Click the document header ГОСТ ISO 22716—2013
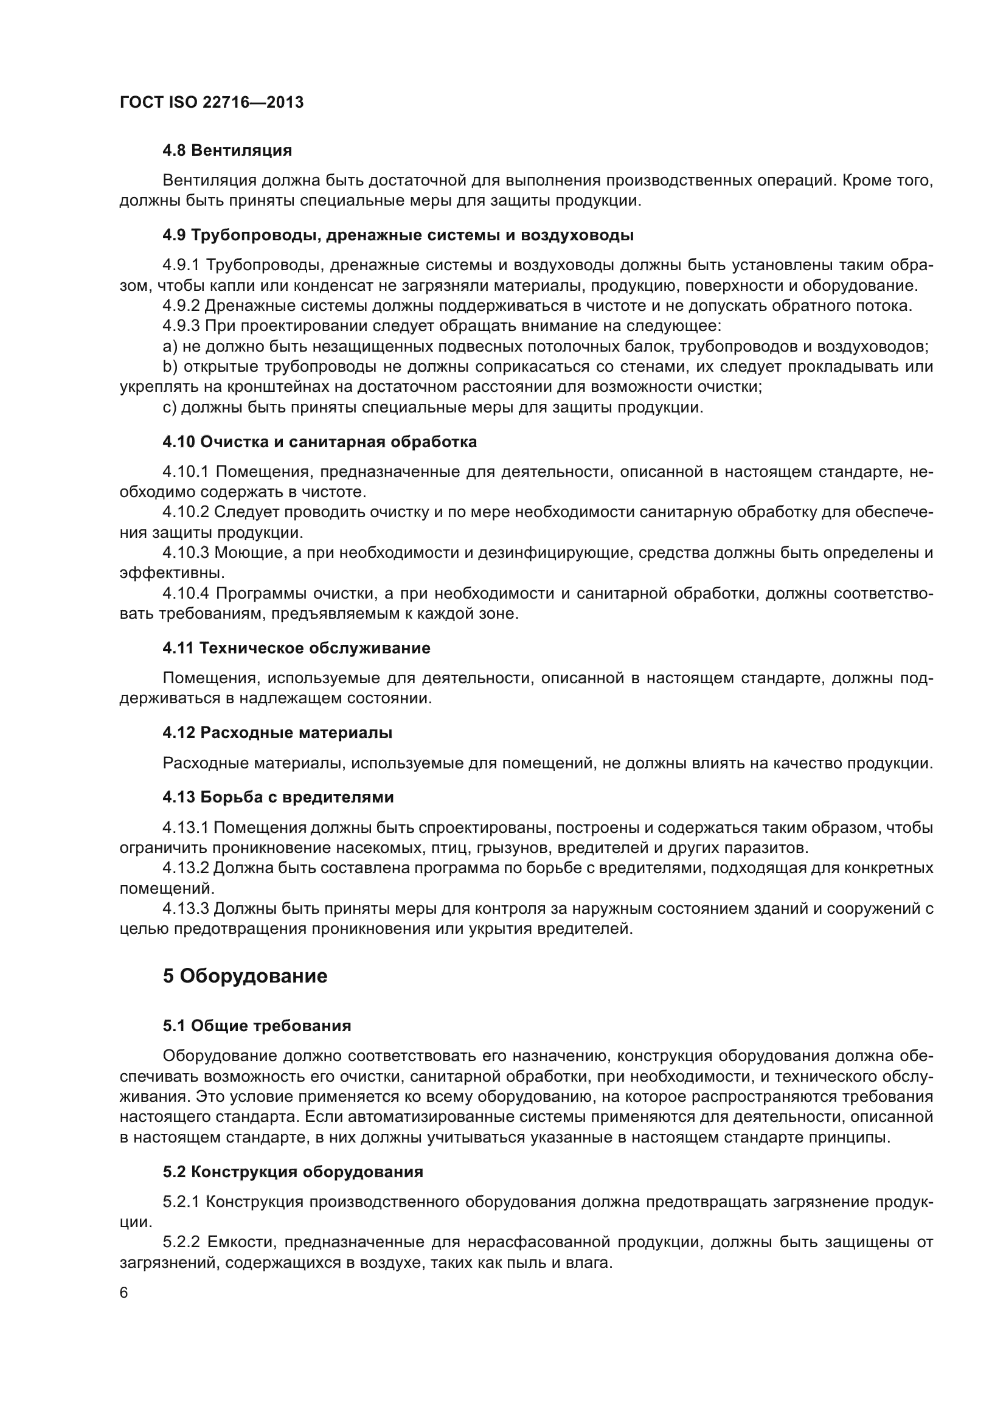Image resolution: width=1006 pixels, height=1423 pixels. (211, 102)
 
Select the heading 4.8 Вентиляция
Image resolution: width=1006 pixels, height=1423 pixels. (227, 151)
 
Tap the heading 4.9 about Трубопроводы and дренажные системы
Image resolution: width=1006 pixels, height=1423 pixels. (398, 235)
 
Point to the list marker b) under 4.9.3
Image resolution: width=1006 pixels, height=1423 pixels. (170, 367)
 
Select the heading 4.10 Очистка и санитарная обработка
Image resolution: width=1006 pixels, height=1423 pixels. (319, 442)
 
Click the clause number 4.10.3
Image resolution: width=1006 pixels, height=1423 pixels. (186, 553)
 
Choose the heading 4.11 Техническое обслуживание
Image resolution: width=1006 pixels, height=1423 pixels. (296, 649)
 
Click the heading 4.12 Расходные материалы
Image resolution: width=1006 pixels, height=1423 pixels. (277, 732)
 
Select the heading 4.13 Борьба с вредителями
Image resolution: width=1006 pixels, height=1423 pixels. (277, 797)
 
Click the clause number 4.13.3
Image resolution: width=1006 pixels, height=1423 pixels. (186, 909)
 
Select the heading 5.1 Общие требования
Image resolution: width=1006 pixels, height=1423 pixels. (257, 1026)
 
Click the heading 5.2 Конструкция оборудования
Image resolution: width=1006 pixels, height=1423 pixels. (293, 1172)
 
